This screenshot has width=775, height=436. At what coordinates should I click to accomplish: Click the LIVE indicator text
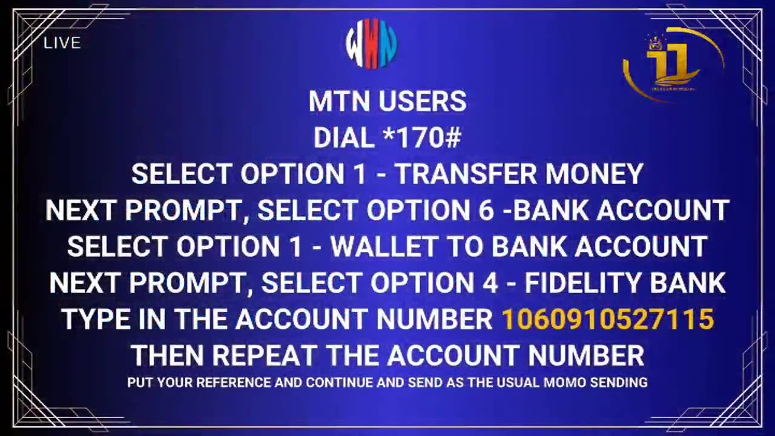click(62, 43)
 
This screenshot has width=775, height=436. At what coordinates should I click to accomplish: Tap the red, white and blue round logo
click(371, 44)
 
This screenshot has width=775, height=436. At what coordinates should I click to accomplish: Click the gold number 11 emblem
click(673, 65)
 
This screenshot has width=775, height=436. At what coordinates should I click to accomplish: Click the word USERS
click(423, 101)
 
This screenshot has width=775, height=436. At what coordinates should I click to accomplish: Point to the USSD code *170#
click(422, 137)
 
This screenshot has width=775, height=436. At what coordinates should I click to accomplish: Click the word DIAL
click(344, 137)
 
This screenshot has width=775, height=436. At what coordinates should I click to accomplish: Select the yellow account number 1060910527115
click(608, 319)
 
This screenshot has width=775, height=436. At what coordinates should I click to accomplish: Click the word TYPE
click(96, 319)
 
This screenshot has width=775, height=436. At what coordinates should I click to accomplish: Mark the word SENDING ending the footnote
click(619, 382)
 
